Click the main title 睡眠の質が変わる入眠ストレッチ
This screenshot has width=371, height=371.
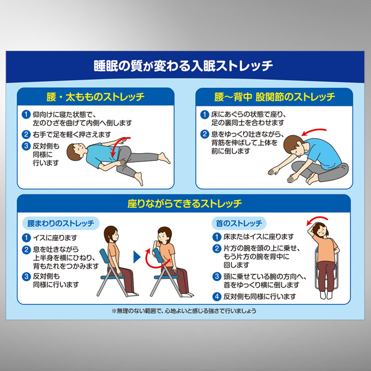pos(183,65)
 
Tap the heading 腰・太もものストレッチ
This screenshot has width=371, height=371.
pos(95,97)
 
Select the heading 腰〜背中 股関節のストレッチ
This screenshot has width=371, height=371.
pos(274,97)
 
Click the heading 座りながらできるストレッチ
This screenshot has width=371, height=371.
pos(184,204)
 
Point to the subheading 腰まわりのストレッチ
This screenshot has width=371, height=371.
pos(61,223)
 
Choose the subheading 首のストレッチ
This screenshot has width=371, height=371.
pos(239,223)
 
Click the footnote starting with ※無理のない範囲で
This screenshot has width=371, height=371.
pos(184,310)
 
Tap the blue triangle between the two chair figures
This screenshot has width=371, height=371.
pos(137,257)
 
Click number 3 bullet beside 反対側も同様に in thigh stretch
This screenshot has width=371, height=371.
pos(26,146)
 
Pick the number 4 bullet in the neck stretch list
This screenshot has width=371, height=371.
pos(217,296)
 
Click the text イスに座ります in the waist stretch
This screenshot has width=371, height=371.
pos(55,237)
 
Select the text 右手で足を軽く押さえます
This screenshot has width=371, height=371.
pos(71,134)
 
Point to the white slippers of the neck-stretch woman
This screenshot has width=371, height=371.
pos(326,295)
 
